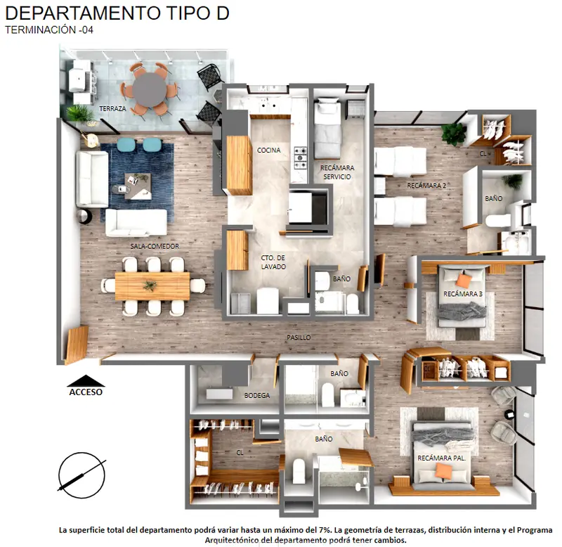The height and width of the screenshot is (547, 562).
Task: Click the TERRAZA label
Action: [x=112, y=108]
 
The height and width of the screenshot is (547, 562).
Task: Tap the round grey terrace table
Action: [x=150, y=90]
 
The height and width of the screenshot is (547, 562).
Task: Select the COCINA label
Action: [x=269, y=150]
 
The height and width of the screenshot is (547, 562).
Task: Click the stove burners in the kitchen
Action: [x=301, y=157]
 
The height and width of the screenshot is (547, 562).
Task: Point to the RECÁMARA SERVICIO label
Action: [x=337, y=172]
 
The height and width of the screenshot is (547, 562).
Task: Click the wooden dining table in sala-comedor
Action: [x=152, y=286]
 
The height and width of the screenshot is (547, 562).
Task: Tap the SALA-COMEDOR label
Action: [x=155, y=246]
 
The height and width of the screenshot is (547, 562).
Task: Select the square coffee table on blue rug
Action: [x=138, y=186]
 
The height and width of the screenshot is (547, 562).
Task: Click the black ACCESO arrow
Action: [x=86, y=381]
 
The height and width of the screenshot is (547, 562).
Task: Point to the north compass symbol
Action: [x=81, y=475]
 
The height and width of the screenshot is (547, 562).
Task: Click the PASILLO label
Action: [x=299, y=337]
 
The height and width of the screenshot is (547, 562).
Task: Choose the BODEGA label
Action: [x=257, y=396]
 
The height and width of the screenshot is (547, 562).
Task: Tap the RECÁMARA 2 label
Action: [x=426, y=186]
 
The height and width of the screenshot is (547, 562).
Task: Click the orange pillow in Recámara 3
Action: [x=464, y=281]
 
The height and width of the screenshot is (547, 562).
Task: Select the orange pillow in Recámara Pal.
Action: [x=443, y=471]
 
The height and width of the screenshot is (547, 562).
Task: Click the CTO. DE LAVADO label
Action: [x=273, y=262]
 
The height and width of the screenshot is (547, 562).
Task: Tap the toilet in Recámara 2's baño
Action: [x=498, y=220]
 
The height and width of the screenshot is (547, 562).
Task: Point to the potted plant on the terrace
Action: [x=80, y=113]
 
